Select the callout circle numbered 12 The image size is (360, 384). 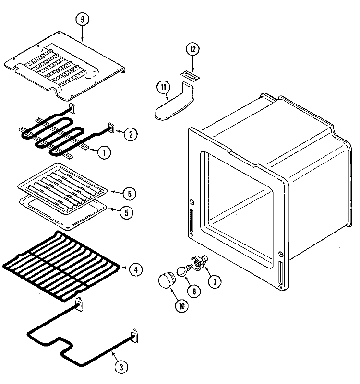(192, 49)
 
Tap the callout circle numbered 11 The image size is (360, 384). (164, 87)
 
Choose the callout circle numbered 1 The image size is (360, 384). (103, 152)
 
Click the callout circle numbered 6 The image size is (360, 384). (128, 194)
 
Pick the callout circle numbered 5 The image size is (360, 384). (126, 212)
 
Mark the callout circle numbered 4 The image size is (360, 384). (136, 269)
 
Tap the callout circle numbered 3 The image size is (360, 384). (121, 367)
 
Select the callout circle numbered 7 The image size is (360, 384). (214, 281)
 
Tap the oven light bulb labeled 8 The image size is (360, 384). (183, 271)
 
